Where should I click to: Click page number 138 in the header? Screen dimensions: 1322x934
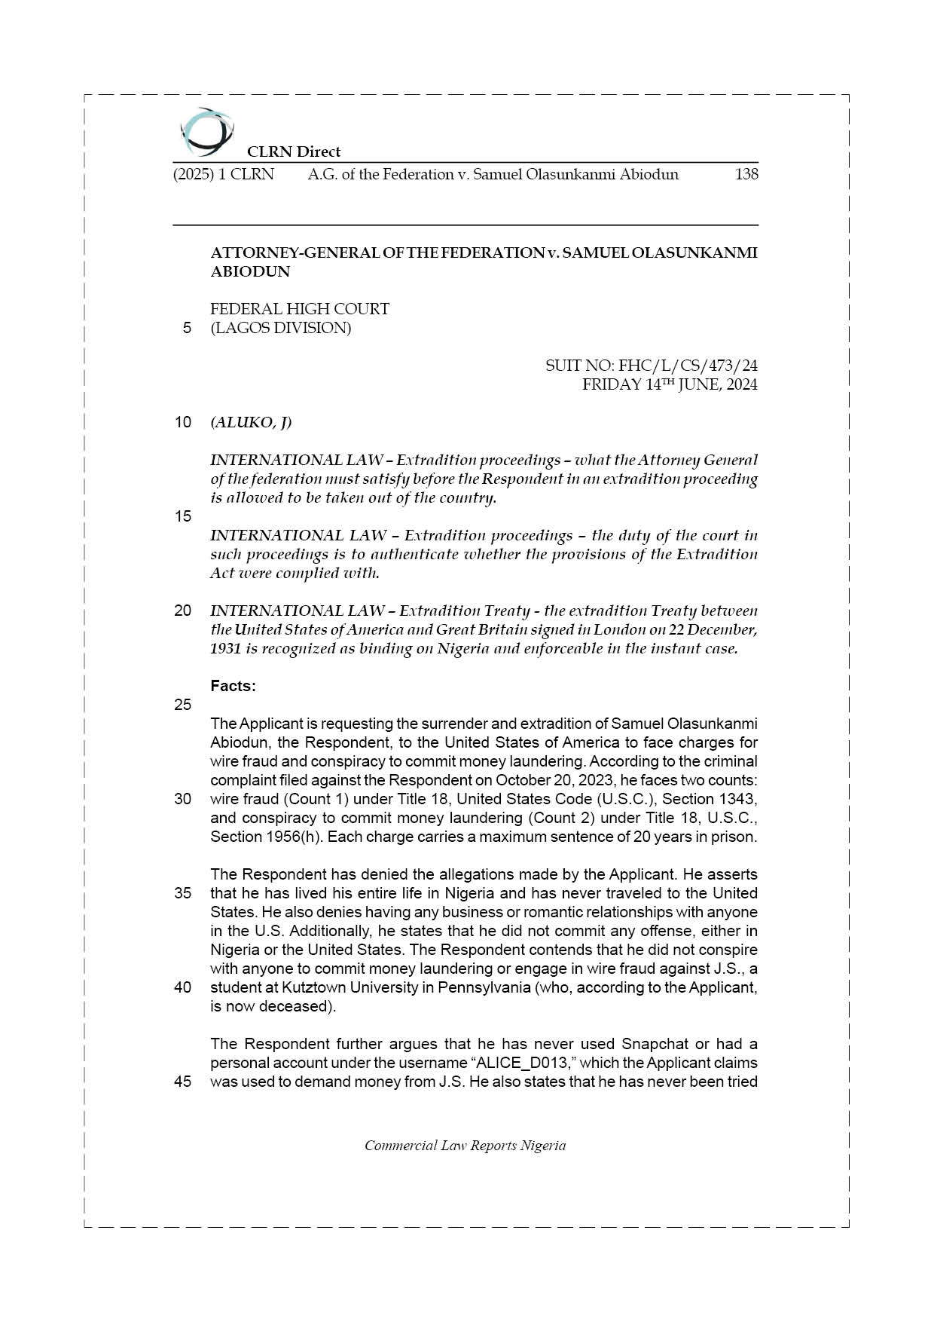point(746,174)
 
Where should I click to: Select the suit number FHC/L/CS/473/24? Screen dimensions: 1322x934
point(688,366)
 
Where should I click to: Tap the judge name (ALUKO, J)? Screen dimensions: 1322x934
point(251,422)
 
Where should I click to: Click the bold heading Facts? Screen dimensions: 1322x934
point(233,686)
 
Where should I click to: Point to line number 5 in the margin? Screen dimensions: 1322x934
point(186,328)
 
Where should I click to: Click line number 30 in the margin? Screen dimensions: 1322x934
point(183,799)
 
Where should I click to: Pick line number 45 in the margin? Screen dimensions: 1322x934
point(183,1082)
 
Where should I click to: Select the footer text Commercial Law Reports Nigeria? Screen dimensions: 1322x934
point(465,1146)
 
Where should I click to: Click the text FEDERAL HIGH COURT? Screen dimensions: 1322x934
point(300,309)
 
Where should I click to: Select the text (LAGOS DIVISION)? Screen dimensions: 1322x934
point(280,328)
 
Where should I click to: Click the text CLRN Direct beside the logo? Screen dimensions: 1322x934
point(294,151)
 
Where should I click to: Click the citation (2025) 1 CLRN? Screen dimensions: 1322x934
point(224,174)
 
